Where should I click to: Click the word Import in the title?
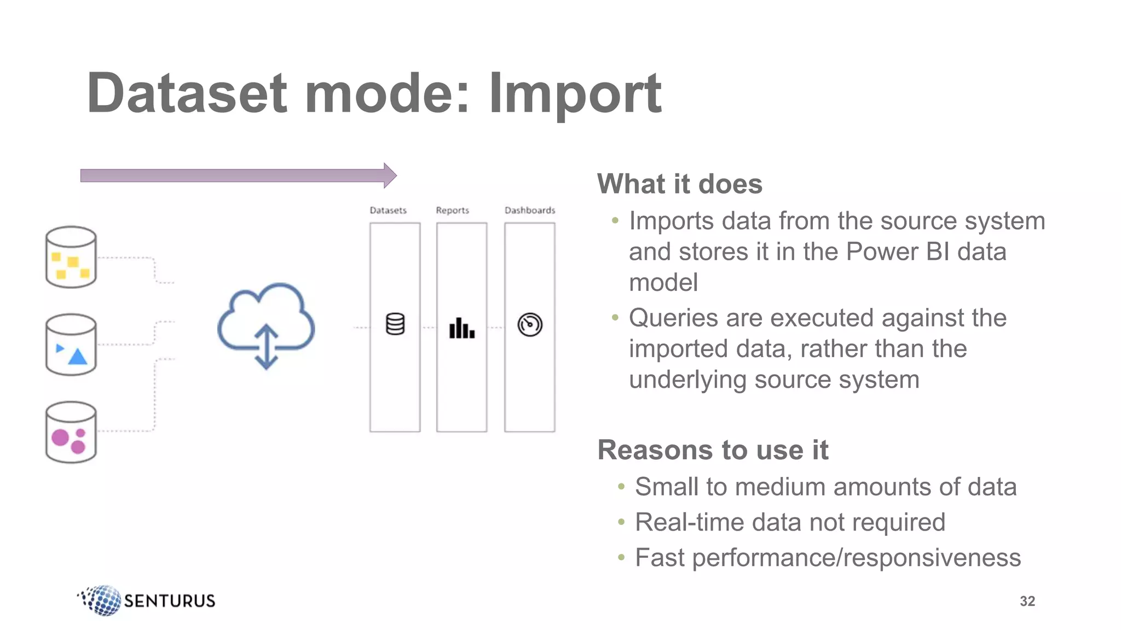(575, 94)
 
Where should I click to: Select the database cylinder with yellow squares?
(71, 257)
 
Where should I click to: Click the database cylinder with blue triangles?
(71, 345)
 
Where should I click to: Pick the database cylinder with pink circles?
(71, 432)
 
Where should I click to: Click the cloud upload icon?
(266, 325)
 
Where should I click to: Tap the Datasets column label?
(388, 211)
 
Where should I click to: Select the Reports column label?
(453, 211)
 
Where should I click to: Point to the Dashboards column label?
(529, 211)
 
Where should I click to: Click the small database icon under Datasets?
(395, 324)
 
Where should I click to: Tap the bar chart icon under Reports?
(461, 328)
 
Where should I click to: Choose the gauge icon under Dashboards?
(530, 325)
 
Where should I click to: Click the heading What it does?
(679, 184)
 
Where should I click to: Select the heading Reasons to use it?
(713, 450)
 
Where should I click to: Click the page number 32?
(1027, 602)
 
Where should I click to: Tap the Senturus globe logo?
(102, 600)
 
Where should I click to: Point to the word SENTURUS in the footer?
(170, 601)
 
